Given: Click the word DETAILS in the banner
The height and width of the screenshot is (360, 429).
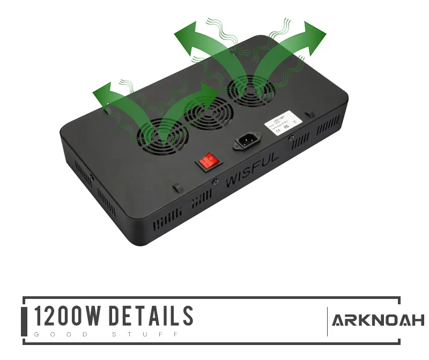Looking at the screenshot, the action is coord(151,317).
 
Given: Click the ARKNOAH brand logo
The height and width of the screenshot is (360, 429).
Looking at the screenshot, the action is coord(378,321).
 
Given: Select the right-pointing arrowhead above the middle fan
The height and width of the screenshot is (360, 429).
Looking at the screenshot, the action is coord(209,93).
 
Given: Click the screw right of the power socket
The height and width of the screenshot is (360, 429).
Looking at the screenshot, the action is coord(291,139).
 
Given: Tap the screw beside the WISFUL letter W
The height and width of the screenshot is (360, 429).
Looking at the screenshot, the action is coord(215,182).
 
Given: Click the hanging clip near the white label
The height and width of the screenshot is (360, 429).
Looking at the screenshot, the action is coord(309,114).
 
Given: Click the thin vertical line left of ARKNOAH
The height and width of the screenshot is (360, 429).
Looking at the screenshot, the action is coord(327,321).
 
